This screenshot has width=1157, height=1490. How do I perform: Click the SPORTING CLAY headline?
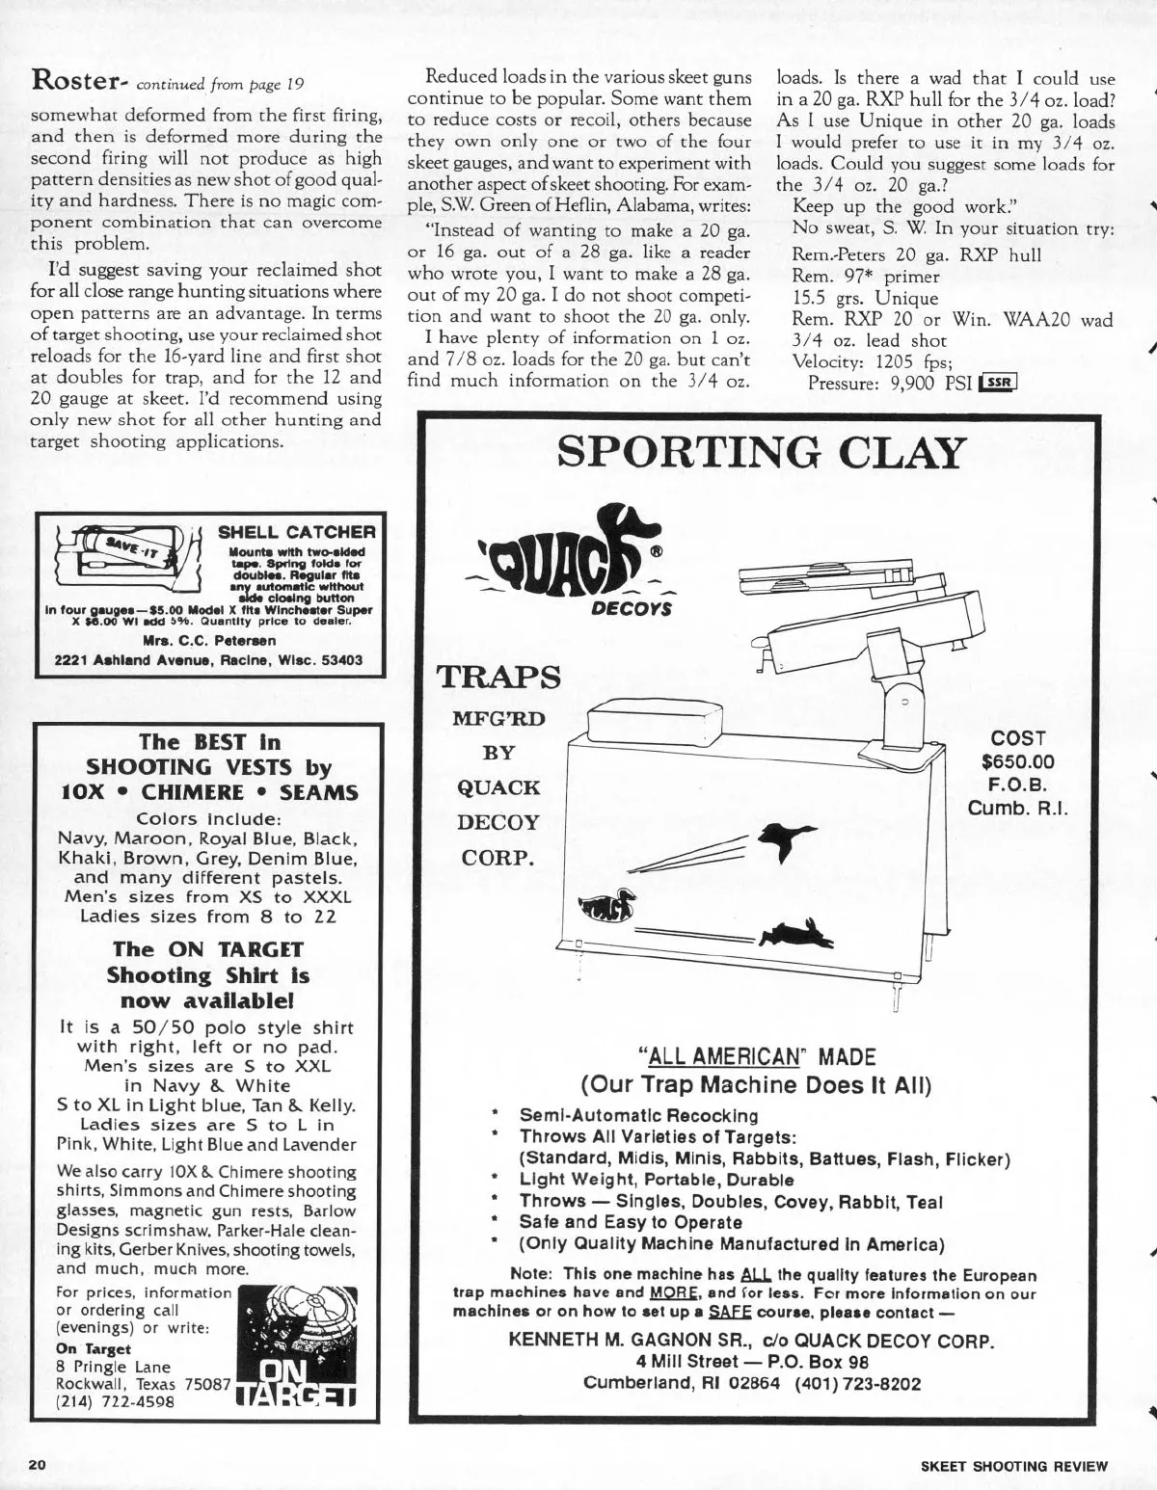click(761, 451)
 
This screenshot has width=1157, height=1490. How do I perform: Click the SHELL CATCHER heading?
click(296, 532)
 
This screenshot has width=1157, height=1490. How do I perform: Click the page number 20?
click(38, 1465)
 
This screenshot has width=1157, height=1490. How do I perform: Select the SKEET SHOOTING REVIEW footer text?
click(1014, 1466)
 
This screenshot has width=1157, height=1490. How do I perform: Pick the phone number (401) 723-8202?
click(858, 1383)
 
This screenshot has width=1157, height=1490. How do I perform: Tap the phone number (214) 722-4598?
click(116, 1401)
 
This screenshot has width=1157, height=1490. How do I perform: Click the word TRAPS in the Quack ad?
click(498, 678)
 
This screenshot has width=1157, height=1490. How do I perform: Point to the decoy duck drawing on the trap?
click(605, 906)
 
